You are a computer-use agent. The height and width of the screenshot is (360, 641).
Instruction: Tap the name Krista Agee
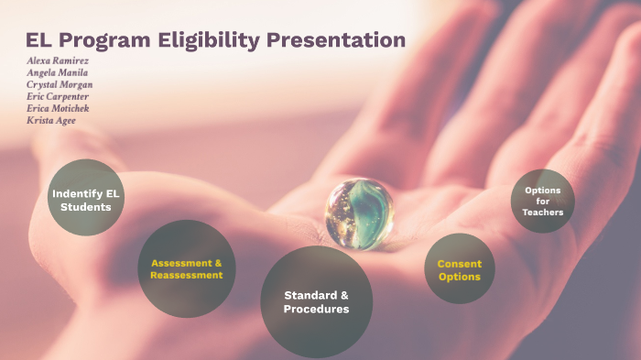(51, 120)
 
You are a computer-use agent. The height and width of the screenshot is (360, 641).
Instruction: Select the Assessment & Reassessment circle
(187, 268)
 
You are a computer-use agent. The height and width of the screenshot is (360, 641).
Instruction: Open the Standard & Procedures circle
(316, 301)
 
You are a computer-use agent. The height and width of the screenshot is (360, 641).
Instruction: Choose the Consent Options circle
(460, 269)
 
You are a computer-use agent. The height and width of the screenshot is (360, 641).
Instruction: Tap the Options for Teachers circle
(543, 202)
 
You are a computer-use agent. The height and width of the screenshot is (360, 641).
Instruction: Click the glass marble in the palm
(359, 212)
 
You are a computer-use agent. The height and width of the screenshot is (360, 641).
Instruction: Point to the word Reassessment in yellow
(187, 275)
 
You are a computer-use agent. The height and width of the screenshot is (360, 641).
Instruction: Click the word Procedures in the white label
(316, 310)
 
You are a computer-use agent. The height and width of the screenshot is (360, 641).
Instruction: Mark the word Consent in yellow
(460, 264)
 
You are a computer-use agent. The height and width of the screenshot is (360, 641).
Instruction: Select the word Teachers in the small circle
(543, 213)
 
